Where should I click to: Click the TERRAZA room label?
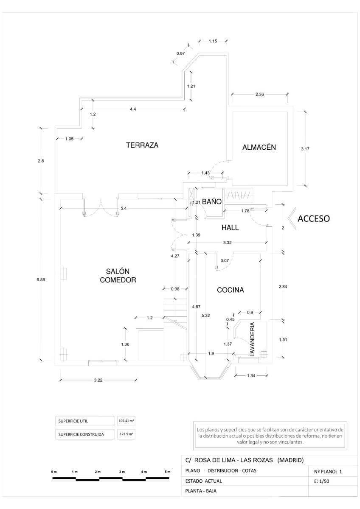tap(142, 145)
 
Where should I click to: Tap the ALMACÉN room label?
tap(259, 147)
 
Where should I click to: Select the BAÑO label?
tap(211, 202)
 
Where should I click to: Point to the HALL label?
tap(230, 228)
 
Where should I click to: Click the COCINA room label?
tap(230, 290)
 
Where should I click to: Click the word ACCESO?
tap(313, 219)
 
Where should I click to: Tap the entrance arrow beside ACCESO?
tap(290, 218)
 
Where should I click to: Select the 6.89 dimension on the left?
tap(41, 280)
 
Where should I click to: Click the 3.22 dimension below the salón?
tap(98, 380)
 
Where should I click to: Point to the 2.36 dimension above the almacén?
tap(259, 95)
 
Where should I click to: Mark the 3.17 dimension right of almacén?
tap(305, 149)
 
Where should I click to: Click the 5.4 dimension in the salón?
tap(123, 208)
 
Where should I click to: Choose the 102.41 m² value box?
tap(127, 421)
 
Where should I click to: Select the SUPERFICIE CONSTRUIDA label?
tap(81, 434)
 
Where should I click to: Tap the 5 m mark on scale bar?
tap(167, 472)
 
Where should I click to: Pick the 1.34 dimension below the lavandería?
tap(252, 375)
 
